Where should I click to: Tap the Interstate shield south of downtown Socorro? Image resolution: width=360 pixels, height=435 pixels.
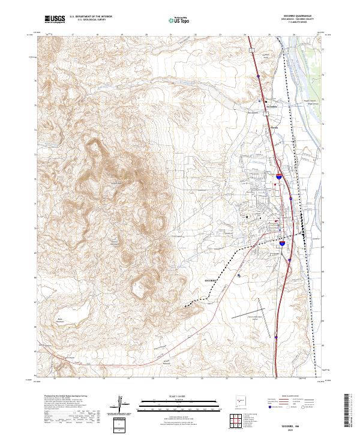coord(281,244)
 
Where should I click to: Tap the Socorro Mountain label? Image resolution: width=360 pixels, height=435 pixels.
coord(114,242)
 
